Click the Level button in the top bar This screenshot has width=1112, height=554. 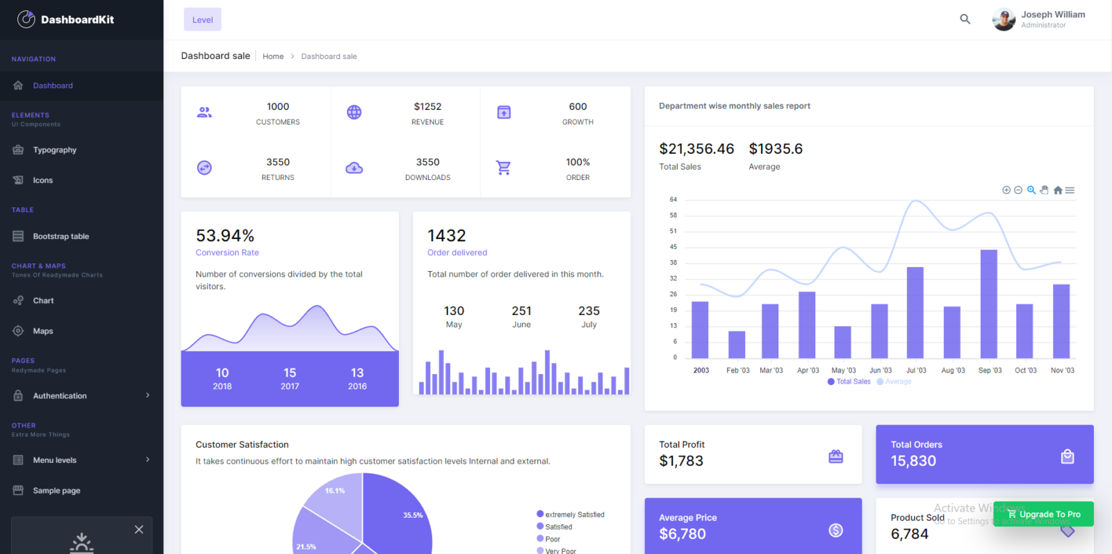point(202,19)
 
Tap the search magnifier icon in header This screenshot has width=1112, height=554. point(965,19)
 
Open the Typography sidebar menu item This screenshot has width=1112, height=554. point(54,150)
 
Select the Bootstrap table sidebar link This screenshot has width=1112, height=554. point(60,236)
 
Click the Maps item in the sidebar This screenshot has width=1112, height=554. point(42,331)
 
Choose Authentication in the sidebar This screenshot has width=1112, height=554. point(60,396)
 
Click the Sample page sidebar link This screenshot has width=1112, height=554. point(56,491)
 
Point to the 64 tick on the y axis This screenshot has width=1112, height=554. point(673,199)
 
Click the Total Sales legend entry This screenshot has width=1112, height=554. point(853,382)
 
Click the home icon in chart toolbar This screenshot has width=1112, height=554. point(1058,190)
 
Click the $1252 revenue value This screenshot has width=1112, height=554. point(427,106)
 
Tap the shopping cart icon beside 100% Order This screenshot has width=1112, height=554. point(503,168)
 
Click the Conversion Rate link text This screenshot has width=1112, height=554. point(227,252)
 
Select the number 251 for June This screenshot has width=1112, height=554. point(521,311)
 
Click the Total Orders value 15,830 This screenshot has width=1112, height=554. point(913,461)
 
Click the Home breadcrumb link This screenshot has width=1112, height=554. point(272,56)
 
